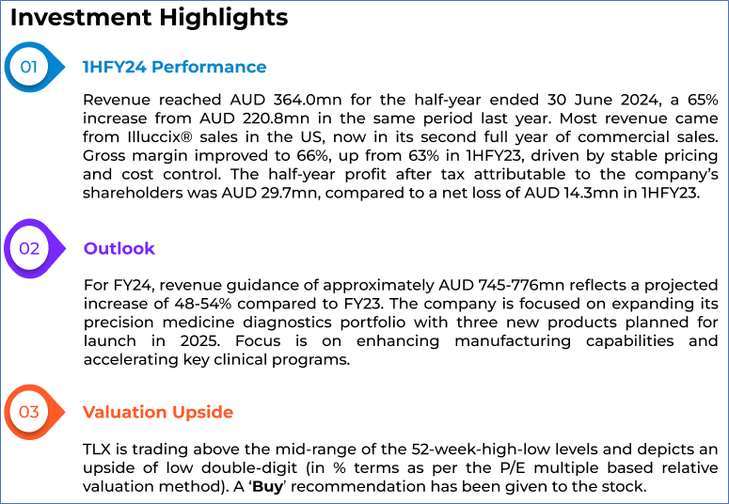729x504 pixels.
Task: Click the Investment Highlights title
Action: tap(149, 18)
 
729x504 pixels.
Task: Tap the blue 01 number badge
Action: tap(29, 67)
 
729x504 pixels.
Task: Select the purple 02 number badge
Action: tap(29, 248)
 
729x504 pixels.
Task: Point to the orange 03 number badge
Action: tap(29, 412)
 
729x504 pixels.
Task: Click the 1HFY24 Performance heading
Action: tap(174, 67)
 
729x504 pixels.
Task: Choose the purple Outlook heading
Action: tap(119, 248)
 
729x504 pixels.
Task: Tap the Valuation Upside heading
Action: tap(157, 412)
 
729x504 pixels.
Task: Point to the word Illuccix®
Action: tap(155, 137)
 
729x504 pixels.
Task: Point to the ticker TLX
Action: tap(98, 449)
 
